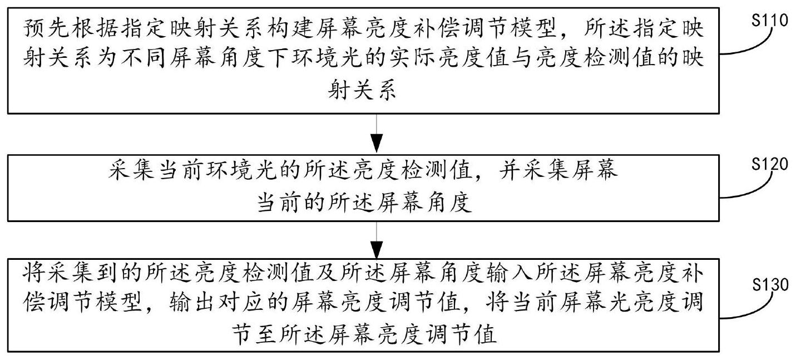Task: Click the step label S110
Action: click(770, 20)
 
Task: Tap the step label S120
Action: click(770, 164)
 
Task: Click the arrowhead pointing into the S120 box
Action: click(377, 144)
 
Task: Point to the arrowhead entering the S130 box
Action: click(377, 250)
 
